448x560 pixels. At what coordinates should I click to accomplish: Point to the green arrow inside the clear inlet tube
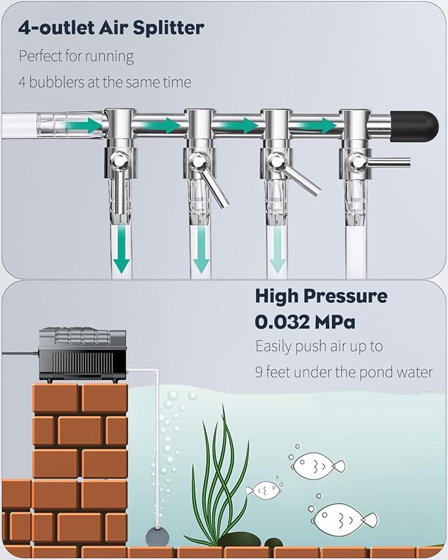[x=84, y=125]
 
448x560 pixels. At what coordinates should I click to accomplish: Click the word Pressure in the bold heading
[x=346, y=296]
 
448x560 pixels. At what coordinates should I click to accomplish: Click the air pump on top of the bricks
[x=82, y=355]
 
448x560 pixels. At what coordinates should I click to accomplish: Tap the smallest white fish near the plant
[x=263, y=491]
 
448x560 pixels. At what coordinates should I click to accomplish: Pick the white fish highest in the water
[x=317, y=466]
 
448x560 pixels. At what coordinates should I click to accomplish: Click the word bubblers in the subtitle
[x=57, y=82]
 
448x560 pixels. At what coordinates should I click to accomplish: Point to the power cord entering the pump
[x=20, y=353]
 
